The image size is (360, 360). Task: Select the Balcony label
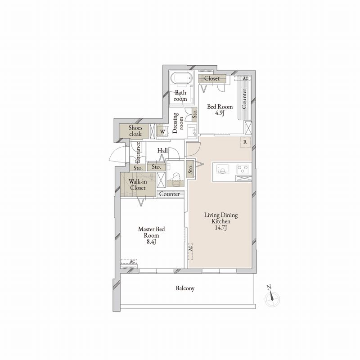tap(185, 288)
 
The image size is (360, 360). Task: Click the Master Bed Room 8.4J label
tap(151, 235)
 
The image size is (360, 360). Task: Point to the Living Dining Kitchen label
tap(221, 221)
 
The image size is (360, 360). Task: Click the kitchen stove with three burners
tap(243, 169)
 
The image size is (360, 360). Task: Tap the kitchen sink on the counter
tap(222, 170)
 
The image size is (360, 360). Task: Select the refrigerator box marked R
tap(245, 142)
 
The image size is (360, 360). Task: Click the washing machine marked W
tap(162, 131)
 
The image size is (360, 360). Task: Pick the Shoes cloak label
tap(135, 131)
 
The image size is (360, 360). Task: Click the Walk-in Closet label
tap(138, 184)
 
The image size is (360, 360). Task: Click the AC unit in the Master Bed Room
tap(129, 261)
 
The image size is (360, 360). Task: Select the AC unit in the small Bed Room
tap(242, 78)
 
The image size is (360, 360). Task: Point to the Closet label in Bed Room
tap(212, 78)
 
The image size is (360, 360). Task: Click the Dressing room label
tap(178, 123)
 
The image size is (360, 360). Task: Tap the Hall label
tap(162, 151)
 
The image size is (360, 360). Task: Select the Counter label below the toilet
tap(170, 194)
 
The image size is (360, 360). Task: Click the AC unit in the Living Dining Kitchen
tap(190, 252)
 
